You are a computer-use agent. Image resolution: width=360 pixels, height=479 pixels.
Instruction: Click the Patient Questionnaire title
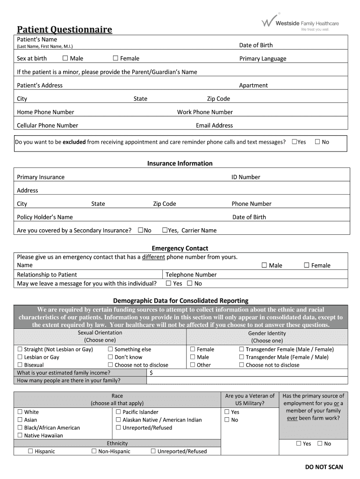pos(65,30)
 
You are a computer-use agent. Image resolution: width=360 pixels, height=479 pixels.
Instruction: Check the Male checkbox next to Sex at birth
pos(65,58)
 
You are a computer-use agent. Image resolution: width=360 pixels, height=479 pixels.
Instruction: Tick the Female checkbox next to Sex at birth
pos(115,58)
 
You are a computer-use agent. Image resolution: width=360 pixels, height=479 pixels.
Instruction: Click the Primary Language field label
pos(263,59)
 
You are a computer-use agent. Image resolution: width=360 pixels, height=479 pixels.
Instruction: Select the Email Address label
pos(214,125)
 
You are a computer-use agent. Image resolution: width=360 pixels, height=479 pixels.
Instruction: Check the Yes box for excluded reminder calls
pos(294,142)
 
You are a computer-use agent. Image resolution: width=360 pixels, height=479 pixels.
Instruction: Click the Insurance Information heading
pos(180,163)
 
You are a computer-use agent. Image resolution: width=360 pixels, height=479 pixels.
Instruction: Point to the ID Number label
pos(245,177)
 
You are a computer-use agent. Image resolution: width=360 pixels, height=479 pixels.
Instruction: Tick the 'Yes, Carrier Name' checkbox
pos(165,230)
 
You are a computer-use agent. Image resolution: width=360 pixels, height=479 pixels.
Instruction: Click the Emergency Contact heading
pos(180,248)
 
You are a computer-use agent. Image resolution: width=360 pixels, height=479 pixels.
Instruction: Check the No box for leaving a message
pos(190,283)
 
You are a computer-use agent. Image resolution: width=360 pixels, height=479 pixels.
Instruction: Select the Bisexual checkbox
pos(20,365)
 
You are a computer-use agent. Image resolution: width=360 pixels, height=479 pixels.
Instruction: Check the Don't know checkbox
pos(110,357)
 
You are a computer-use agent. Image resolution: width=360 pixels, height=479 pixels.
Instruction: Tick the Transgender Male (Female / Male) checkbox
pos(242,357)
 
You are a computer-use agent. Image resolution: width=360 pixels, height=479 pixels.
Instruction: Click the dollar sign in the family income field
pos(151,373)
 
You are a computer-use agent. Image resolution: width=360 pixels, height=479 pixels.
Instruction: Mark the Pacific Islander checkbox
pos(118,412)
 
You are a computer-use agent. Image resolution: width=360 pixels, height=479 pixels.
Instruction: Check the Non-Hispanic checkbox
pos(94,451)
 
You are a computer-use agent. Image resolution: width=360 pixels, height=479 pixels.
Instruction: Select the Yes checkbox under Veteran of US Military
pos(227,412)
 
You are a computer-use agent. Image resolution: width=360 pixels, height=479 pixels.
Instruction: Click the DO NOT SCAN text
pos(324,467)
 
